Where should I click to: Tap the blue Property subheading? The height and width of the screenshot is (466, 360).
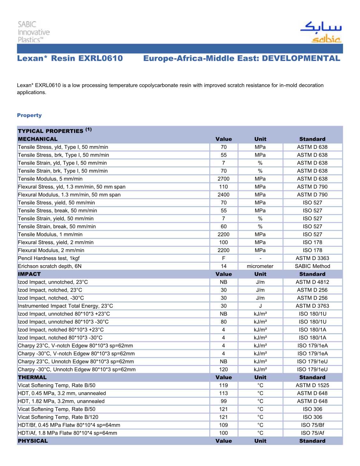[x=29, y=115]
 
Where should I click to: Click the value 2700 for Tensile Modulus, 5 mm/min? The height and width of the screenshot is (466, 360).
[x=223, y=179]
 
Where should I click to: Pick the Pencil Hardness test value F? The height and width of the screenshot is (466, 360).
[x=223, y=258]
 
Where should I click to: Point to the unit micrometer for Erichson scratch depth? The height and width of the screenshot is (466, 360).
[x=260, y=266]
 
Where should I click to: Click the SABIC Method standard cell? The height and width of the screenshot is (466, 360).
[x=312, y=266]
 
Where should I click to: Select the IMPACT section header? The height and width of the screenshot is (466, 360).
[x=29, y=274]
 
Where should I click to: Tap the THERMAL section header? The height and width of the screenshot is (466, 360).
[x=32, y=377]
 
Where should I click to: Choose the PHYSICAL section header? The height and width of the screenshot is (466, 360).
[x=33, y=441]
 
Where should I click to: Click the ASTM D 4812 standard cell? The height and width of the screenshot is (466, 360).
[x=312, y=282]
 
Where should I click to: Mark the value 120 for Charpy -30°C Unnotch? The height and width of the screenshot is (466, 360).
[x=223, y=369]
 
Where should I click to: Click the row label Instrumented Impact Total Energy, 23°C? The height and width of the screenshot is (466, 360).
[x=65, y=306]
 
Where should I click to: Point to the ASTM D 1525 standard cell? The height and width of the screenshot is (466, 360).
[x=312, y=385]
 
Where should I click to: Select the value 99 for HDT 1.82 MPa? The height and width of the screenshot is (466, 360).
[x=223, y=401]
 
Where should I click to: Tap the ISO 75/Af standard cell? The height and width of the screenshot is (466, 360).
[x=312, y=433]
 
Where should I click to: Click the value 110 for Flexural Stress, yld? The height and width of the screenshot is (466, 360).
[x=223, y=187]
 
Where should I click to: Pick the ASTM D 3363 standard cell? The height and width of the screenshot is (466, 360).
[x=312, y=258]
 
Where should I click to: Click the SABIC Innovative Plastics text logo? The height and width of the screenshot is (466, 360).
[x=33, y=32]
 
